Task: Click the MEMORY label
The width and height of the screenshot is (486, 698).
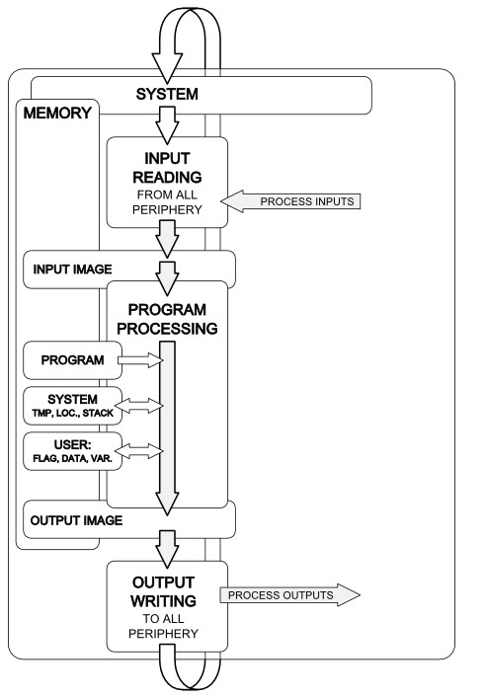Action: coord(57,114)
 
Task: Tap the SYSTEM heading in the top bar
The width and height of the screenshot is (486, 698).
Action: coord(167,95)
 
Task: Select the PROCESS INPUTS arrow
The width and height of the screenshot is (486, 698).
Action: coord(290,201)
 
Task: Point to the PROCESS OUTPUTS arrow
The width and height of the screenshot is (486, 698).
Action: coord(290,594)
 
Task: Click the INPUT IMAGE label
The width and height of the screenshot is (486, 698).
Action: coord(73,270)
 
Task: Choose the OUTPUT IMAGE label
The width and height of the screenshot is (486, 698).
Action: coord(76,520)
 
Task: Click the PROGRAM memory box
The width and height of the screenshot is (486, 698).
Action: coord(72,360)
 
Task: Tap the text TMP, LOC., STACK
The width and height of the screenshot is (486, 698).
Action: coord(73,413)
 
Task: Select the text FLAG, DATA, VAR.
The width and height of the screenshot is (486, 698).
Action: coord(73,458)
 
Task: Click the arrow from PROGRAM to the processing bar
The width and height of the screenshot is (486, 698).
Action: coord(141,360)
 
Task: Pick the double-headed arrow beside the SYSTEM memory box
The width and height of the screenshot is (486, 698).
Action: coord(140,406)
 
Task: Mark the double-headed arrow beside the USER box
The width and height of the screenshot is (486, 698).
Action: coord(140,451)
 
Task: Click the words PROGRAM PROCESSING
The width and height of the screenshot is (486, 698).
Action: coord(167,319)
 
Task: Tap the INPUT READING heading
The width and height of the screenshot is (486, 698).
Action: coord(167,168)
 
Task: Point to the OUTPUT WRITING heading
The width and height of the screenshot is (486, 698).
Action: coord(164,591)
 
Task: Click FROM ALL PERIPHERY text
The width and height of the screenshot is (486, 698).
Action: coord(167,202)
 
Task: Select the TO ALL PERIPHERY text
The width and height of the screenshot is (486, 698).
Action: coord(164,626)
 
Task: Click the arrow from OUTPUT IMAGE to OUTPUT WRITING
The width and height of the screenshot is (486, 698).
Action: coord(167,549)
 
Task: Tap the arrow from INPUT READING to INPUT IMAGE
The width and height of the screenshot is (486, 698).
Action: coord(167,239)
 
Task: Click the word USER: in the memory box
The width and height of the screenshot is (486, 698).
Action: coord(73,444)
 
